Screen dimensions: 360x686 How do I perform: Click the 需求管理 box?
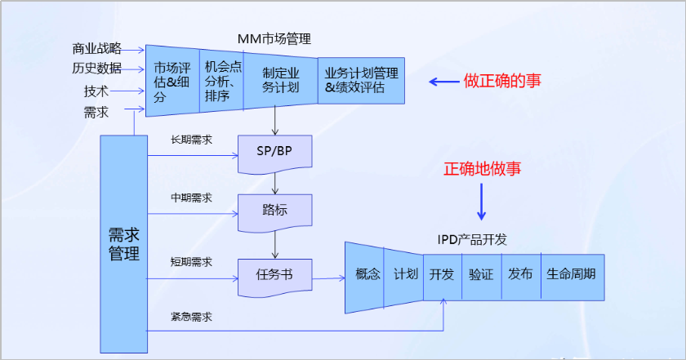(123, 243)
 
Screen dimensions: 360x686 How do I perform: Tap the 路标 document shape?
(274, 208)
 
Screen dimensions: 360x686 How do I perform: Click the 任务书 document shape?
(274, 274)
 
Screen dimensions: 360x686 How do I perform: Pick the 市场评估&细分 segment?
(172, 80)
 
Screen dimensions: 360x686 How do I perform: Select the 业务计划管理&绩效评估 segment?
(360, 80)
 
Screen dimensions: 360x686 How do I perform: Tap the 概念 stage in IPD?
(368, 274)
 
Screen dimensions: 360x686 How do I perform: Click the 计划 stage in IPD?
(406, 274)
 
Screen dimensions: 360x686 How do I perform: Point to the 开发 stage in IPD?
(442, 274)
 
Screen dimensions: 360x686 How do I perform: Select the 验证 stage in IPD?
(481, 274)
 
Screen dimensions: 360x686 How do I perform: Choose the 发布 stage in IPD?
(520, 274)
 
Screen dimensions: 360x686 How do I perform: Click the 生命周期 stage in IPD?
(571, 274)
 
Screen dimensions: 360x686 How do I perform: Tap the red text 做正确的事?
(502, 82)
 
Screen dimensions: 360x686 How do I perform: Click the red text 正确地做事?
(482, 169)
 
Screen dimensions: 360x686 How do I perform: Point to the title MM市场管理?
(274, 38)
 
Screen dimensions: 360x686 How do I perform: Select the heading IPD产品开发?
(472, 238)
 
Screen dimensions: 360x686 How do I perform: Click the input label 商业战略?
(96, 48)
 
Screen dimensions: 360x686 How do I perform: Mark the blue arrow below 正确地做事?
(481, 202)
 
